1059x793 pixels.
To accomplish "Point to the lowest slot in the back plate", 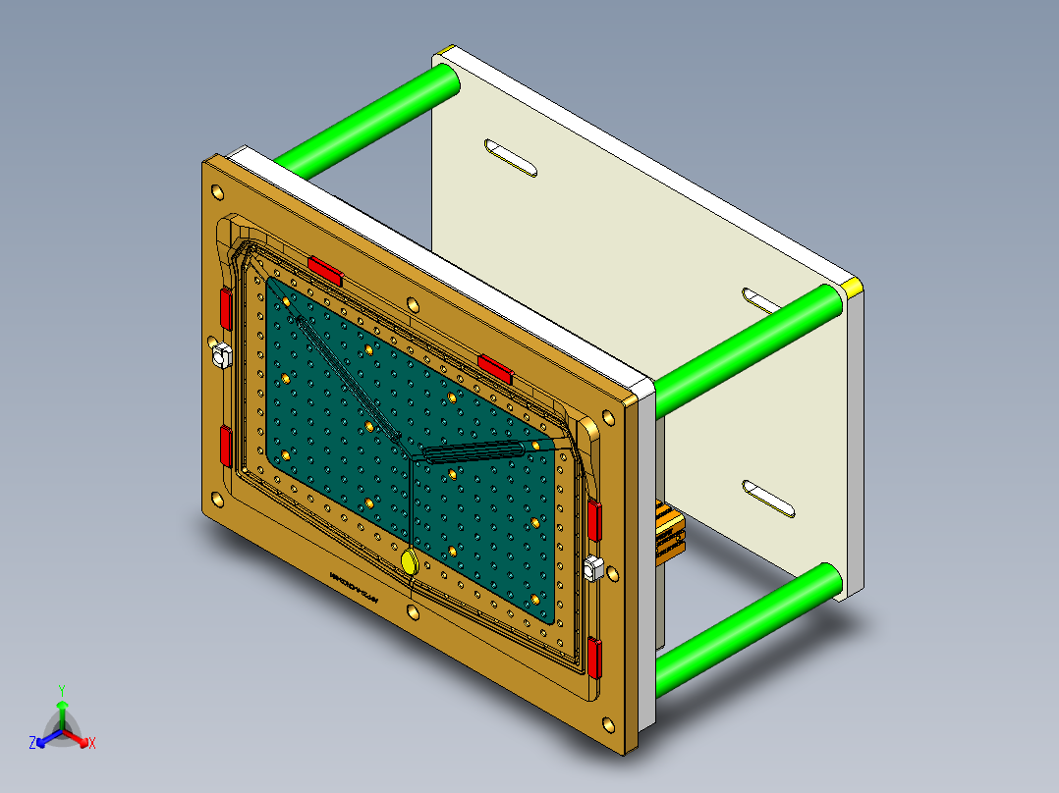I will [x=768, y=500].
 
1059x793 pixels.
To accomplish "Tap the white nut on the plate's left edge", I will [x=220, y=352].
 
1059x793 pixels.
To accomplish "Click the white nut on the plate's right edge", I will [x=592, y=568].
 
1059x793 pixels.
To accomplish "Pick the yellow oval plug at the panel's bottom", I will [x=409, y=562].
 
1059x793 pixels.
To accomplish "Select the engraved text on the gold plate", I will [x=355, y=588].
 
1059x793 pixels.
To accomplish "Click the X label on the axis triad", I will [x=92, y=744].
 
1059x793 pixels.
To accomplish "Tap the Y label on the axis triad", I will [x=61, y=690].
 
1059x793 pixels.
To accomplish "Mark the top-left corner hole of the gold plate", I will [x=213, y=185].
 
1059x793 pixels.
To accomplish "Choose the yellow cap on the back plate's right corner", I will [x=852, y=287].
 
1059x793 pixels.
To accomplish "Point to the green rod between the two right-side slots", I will [x=747, y=349].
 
